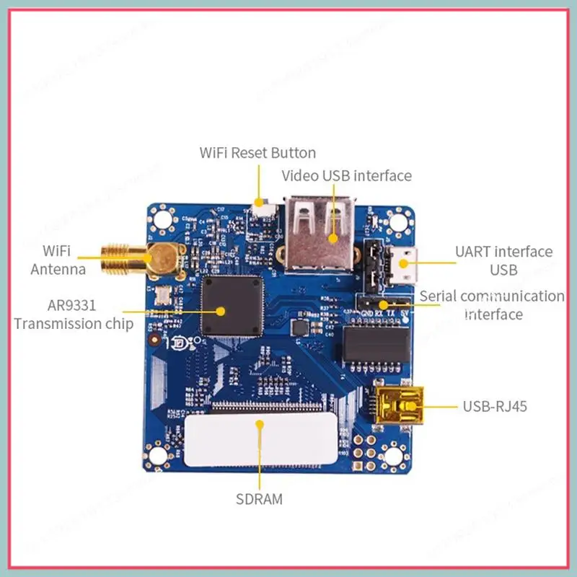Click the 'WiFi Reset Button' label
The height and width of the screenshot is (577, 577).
pyautogui.click(x=257, y=152)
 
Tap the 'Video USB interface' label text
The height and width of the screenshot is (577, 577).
pyautogui.click(x=346, y=175)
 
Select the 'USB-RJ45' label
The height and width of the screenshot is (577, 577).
pyautogui.click(x=495, y=406)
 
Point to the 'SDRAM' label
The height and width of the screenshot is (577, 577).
pyautogui.click(x=259, y=498)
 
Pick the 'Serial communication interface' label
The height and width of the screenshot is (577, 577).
pyautogui.click(x=493, y=304)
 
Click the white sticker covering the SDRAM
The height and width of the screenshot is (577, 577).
pyautogui.click(x=259, y=440)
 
